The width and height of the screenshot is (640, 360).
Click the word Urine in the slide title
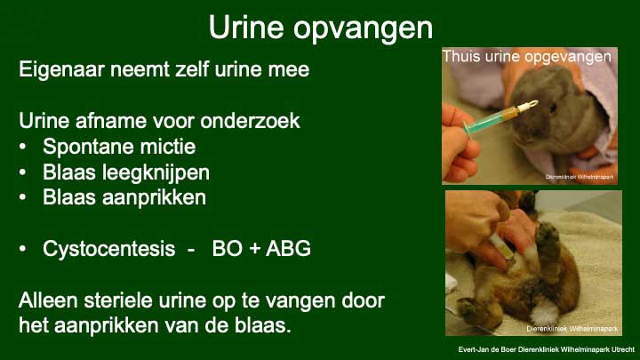pyautogui.click(x=245, y=28)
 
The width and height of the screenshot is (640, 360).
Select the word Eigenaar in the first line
pyautogui.click(x=61, y=70)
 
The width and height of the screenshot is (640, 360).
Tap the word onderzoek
pyautogui.click(x=250, y=121)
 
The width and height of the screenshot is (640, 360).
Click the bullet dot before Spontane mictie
pyautogui.click(x=23, y=147)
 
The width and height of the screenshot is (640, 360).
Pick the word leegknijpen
pyautogui.click(x=156, y=173)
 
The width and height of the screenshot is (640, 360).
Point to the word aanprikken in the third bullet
pyautogui.click(x=154, y=198)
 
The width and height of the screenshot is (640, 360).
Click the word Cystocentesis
pyautogui.click(x=109, y=249)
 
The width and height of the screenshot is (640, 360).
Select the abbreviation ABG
pyautogui.click(x=288, y=249)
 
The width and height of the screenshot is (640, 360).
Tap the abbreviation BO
pyautogui.click(x=228, y=249)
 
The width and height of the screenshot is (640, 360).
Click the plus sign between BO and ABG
pyautogui.click(x=254, y=249)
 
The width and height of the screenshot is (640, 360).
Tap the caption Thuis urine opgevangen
pyautogui.click(x=527, y=57)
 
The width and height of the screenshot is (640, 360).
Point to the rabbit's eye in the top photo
pyautogui.click(x=553, y=108)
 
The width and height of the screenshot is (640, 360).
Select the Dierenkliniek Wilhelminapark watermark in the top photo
pyautogui.click(x=580, y=177)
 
